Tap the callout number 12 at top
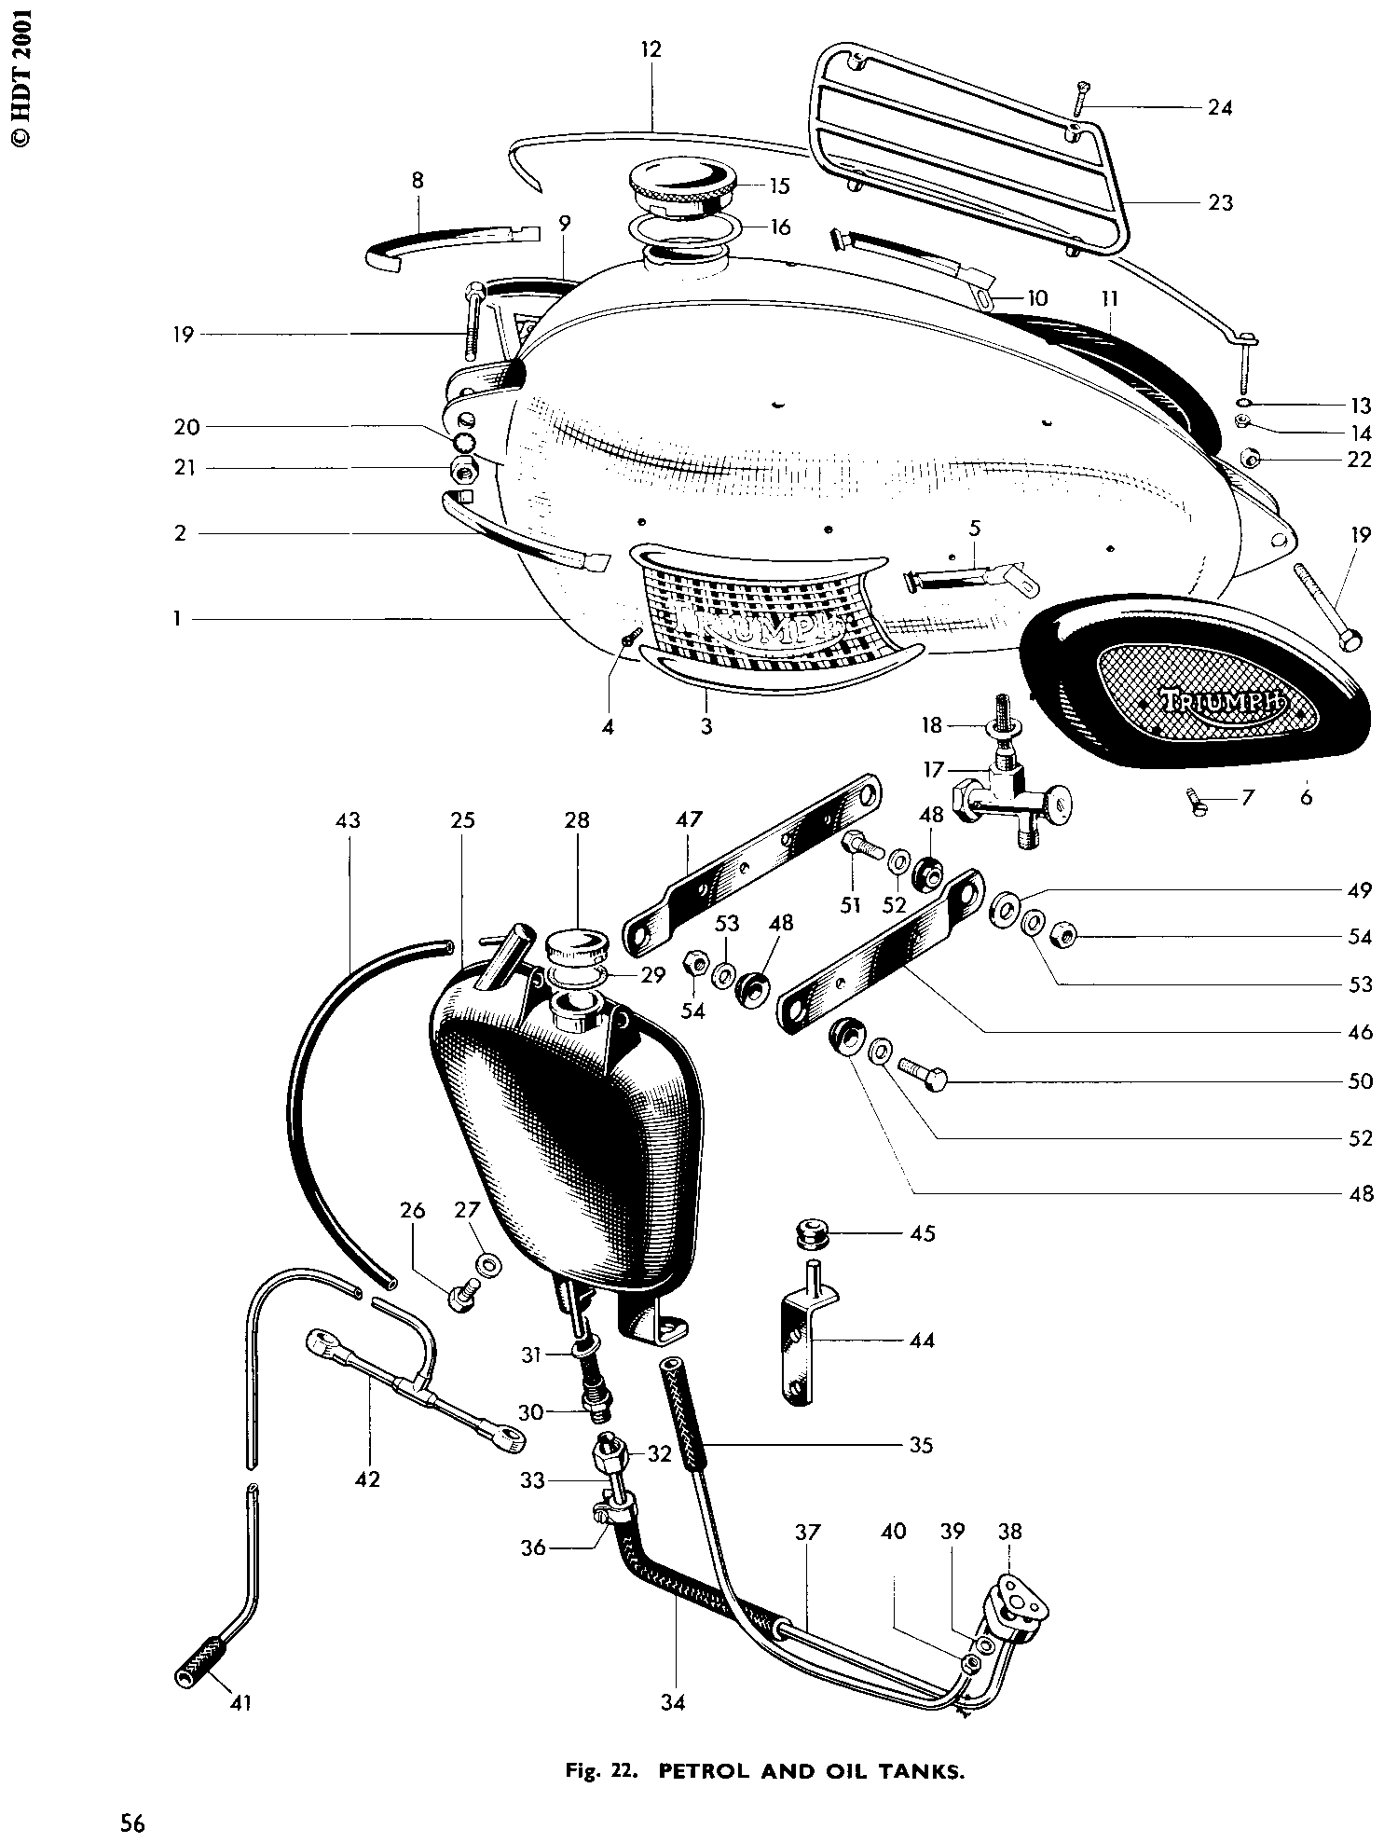pos(651,49)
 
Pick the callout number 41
pos(240,1703)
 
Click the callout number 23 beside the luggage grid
pos(1220,201)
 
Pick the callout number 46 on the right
pos(1360,1031)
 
